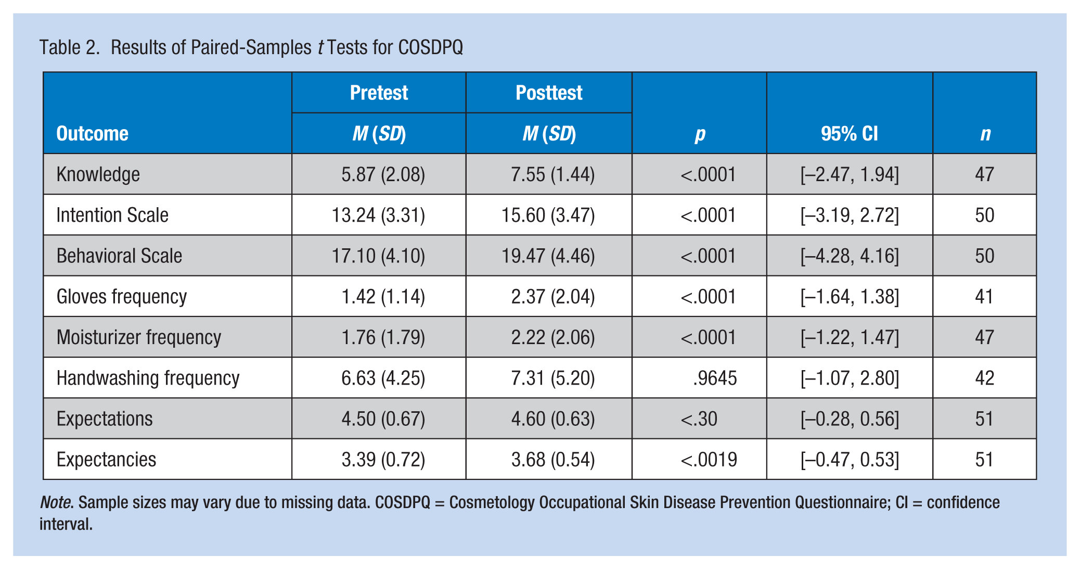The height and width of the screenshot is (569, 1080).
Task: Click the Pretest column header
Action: point(379,93)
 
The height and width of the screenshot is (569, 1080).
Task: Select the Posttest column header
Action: point(549,93)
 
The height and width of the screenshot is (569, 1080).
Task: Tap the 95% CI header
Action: point(850,134)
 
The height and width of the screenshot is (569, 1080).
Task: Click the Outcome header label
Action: point(92,134)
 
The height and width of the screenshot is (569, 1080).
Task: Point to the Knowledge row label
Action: point(98,174)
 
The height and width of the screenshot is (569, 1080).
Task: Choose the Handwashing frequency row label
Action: point(148,378)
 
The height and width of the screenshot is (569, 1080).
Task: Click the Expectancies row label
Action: point(106,460)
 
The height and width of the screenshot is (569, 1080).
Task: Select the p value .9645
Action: point(715,378)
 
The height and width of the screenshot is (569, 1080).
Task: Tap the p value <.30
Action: point(699,419)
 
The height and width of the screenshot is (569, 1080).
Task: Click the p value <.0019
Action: point(709,460)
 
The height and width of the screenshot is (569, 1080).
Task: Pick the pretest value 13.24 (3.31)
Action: point(378,215)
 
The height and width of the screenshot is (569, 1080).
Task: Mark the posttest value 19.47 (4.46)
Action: point(548,256)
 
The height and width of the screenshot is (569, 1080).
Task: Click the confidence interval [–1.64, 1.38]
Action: point(850,297)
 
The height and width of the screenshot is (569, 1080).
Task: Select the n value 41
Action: point(984,297)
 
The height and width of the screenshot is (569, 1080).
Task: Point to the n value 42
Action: point(984,378)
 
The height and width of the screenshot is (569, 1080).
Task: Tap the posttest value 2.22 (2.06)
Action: point(552,337)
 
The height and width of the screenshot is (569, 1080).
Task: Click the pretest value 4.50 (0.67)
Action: point(383,419)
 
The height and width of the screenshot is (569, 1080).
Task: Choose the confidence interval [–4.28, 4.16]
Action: point(850,256)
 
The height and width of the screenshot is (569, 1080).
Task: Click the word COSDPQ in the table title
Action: point(430,47)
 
